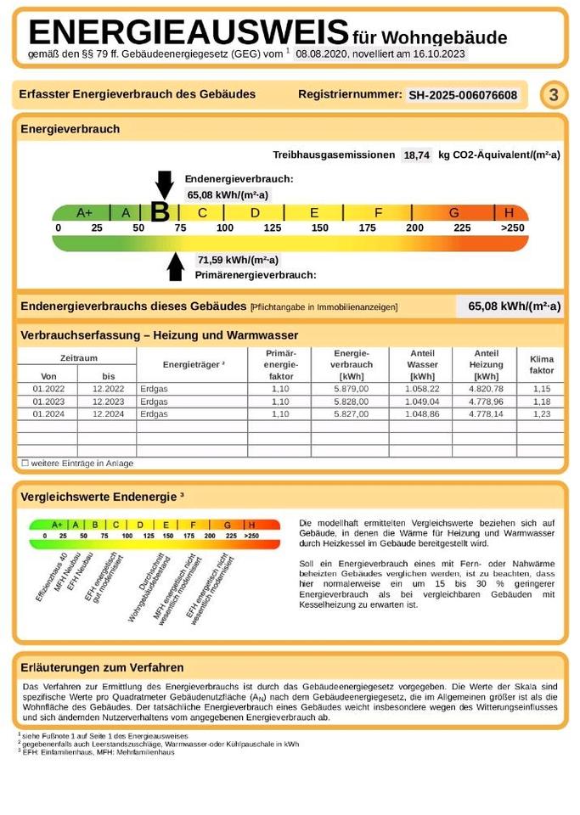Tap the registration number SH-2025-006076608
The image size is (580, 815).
463,95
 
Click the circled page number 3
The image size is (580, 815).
554,95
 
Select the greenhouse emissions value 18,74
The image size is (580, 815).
416,155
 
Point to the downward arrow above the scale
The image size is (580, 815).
164,183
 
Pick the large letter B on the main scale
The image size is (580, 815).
160,212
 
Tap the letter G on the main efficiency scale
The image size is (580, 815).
454,212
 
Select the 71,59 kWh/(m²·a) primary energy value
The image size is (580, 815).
238,260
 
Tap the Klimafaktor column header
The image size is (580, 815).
541,365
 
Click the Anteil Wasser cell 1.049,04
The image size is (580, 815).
422,401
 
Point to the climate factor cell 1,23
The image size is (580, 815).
541,413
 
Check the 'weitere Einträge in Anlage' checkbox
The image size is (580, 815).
25,464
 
